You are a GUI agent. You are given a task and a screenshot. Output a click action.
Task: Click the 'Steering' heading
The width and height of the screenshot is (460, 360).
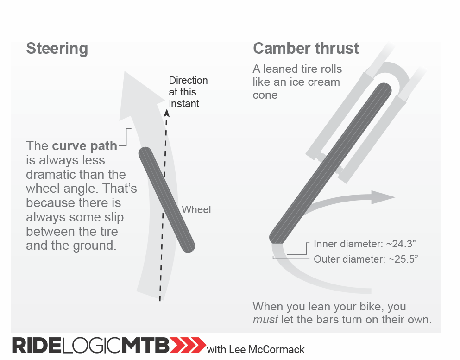(x=57, y=49)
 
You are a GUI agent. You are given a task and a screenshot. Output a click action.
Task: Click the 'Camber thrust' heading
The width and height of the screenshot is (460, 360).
(x=306, y=49)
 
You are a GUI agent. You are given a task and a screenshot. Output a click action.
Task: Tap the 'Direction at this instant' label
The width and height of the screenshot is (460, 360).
(x=188, y=92)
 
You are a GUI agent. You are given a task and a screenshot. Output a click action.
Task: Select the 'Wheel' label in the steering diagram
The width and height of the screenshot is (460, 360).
(x=196, y=210)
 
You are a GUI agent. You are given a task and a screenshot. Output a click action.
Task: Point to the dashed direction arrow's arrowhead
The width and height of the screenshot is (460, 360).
(x=166, y=113)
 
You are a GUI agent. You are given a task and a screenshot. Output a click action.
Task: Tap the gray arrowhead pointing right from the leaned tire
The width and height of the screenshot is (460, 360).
(x=384, y=197)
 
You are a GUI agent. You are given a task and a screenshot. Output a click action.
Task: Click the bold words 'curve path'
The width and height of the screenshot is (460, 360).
(x=84, y=146)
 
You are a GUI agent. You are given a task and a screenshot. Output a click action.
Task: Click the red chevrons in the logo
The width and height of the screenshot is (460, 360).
(x=189, y=345)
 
